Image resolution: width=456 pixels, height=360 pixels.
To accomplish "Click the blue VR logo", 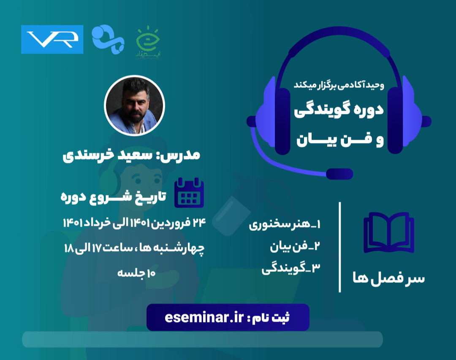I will coord(52,39).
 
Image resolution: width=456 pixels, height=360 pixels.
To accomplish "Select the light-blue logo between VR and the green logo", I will coord(108,39).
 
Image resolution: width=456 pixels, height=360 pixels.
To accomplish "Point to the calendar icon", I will coord(189,192).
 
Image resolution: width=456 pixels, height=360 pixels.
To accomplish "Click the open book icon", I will coord(388,233).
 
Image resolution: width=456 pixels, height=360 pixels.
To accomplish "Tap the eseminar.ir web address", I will coord(205,317).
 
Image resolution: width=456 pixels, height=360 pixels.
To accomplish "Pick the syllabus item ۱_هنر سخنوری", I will coord(285,225).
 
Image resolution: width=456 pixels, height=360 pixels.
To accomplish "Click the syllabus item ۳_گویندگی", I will coord(291,269).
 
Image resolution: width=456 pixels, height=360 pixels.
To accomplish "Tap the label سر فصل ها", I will coord(388,278).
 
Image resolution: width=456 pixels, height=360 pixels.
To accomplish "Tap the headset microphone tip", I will coord(340,173).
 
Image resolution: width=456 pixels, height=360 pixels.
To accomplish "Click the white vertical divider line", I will coord(340,247).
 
